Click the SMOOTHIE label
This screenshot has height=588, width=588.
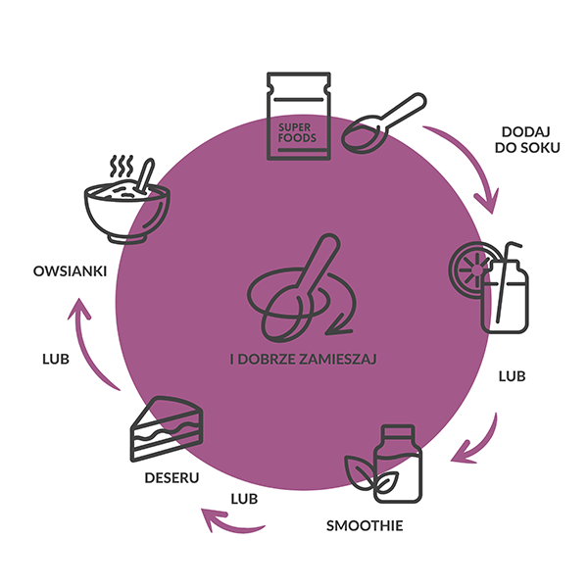(365, 526)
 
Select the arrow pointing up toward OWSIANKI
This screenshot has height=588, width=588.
(88, 338)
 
